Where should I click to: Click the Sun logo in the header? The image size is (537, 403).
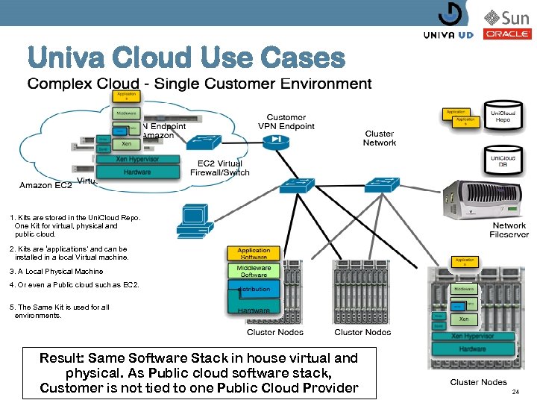(x=507, y=17)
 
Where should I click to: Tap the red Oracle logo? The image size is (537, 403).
(x=507, y=34)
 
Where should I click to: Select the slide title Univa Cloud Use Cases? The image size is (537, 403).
(x=186, y=57)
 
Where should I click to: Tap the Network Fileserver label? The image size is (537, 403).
(x=509, y=230)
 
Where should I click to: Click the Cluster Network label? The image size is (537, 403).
(x=380, y=138)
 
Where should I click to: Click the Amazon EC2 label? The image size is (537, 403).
(x=45, y=185)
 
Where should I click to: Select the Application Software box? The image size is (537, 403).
(x=254, y=254)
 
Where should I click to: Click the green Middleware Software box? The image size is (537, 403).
(x=254, y=270)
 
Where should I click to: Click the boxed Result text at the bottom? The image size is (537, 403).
(x=198, y=372)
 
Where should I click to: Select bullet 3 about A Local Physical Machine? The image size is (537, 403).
(x=57, y=272)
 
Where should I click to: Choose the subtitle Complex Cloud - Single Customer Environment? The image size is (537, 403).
(x=199, y=84)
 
